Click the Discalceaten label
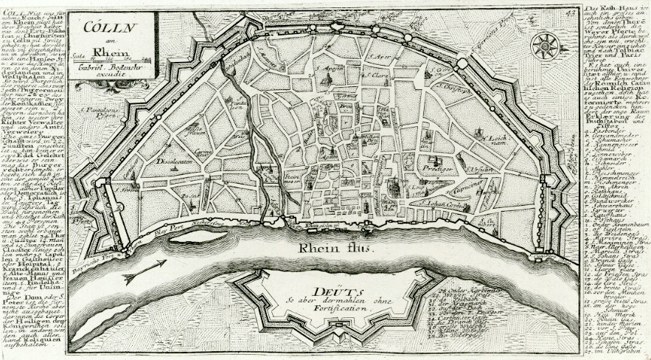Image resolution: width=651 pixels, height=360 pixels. coord(175,160)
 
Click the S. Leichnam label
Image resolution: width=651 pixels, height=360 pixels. coord(492,138)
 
